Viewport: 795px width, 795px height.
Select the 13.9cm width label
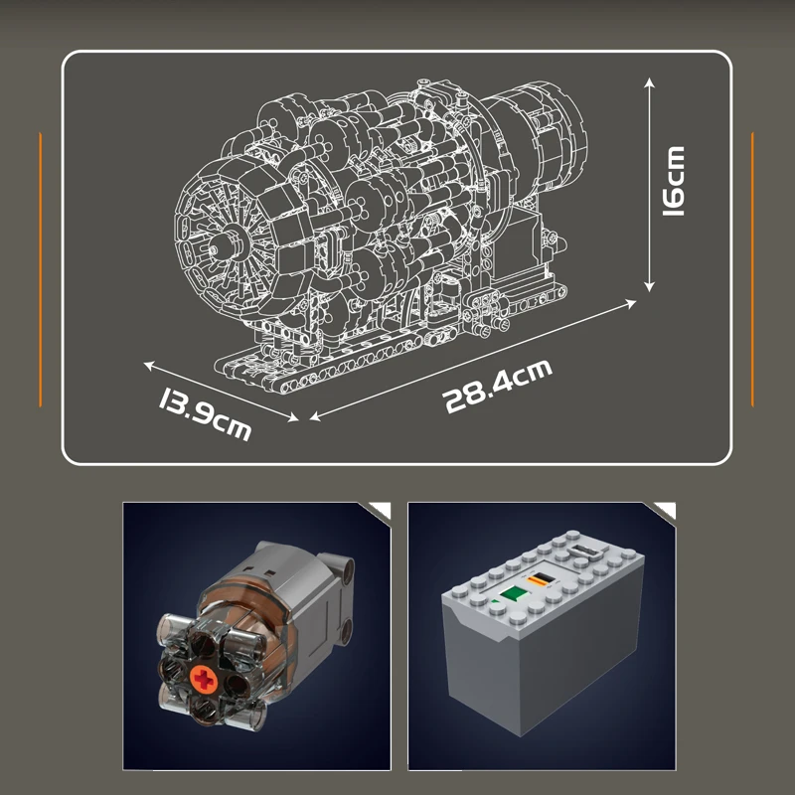[x=204, y=415]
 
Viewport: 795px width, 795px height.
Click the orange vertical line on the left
[x=41, y=268]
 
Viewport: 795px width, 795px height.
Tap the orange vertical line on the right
[x=752, y=268]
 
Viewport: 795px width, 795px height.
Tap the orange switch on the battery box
[x=542, y=579]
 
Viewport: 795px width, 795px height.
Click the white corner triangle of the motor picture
[x=379, y=510]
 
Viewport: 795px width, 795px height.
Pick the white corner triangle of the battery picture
[x=663, y=510]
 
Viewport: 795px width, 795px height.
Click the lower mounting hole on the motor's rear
[x=349, y=628]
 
